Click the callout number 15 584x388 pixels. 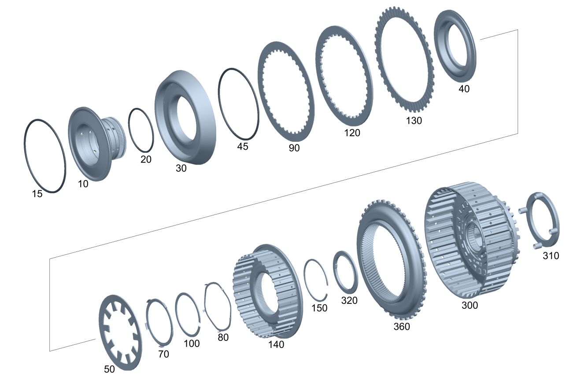pos(37,194)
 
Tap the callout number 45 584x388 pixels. pos(243,147)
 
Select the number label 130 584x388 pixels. pos(414,121)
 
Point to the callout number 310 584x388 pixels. pos(551,256)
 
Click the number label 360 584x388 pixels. pos(402,326)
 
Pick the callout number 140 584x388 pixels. pos(276,345)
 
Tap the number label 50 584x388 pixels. pos(109,369)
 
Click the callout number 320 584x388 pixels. pos(349,301)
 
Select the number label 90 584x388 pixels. pos(294,148)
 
